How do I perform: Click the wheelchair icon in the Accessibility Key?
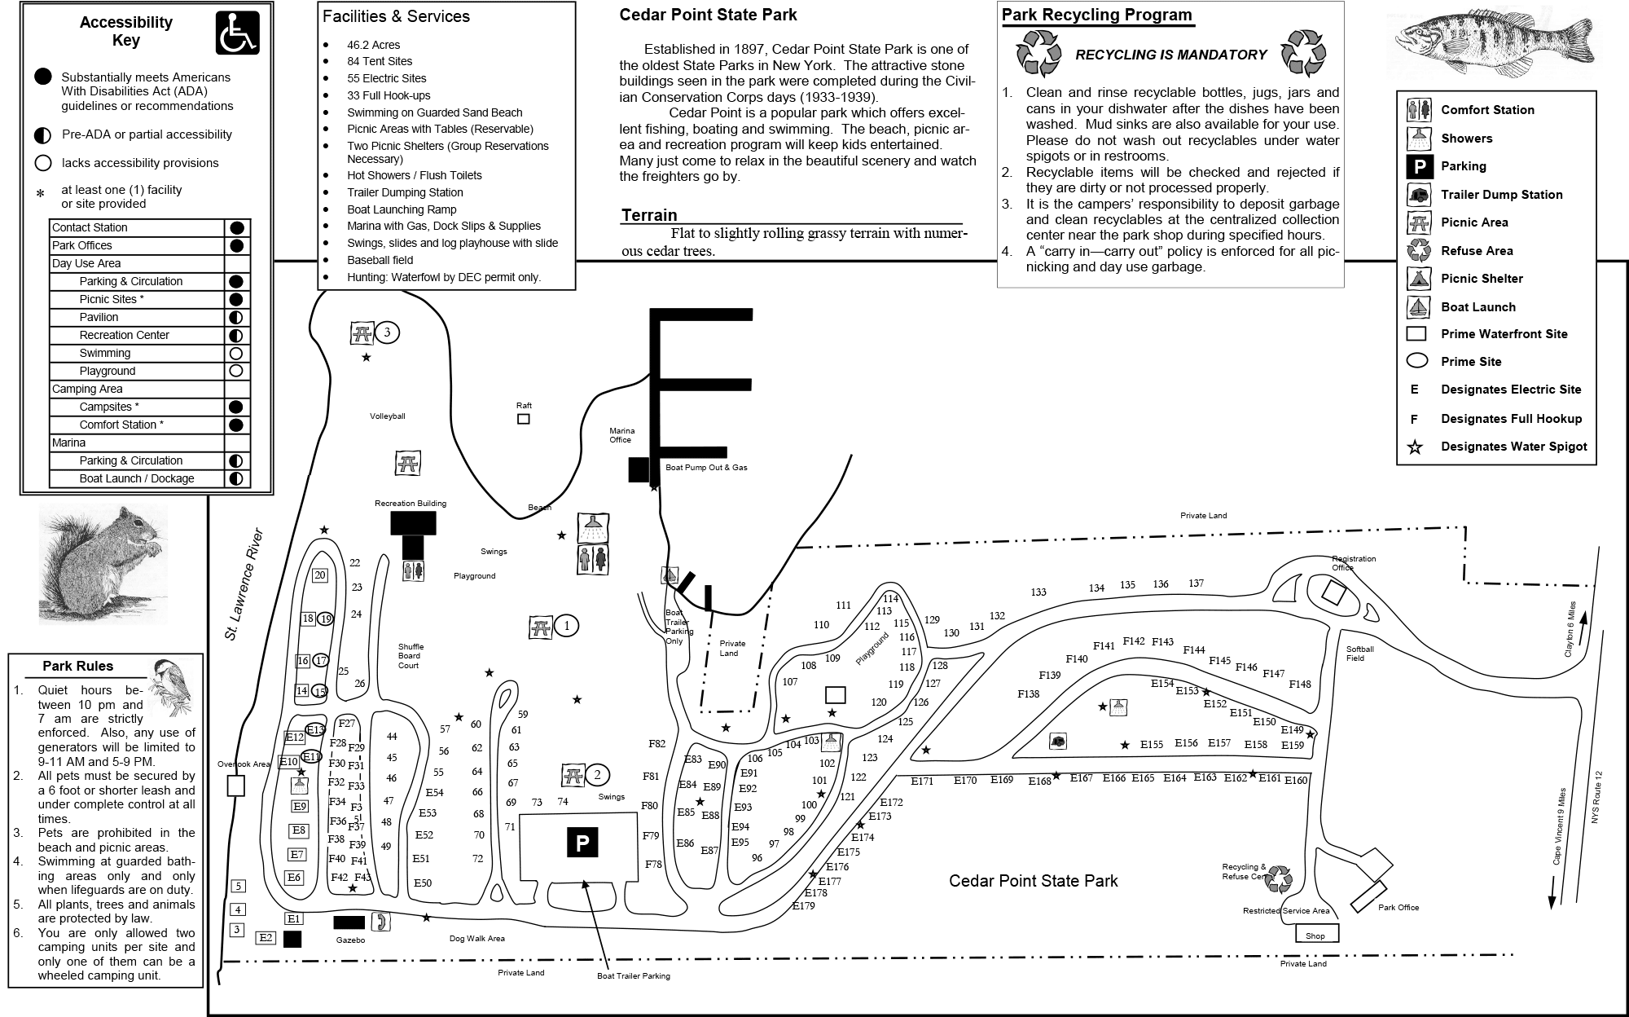pyautogui.click(x=237, y=33)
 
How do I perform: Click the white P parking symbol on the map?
pyautogui.click(x=582, y=843)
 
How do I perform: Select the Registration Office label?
pyautogui.click(x=1354, y=563)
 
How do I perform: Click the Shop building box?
pyautogui.click(x=1316, y=936)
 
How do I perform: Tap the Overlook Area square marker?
pyautogui.click(x=235, y=786)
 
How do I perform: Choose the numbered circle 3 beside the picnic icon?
pyautogui.click(x=387, y=332)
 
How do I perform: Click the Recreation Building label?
pyautogui.click(x=411, y=504)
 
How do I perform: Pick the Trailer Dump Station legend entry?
pyautogui.click(x=1501, y=195)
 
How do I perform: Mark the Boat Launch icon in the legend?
pyautogui.click(x=1419, y=307)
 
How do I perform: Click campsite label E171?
pyautogui.click(x=922, y=781)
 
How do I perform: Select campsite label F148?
pyautogui.click(x=1300, y=685)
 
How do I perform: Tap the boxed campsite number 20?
pyautogui.click(x=319, y=575)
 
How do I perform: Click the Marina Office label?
pyautogui.click(x=621, y=435)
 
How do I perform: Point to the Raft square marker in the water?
pyautogui.click(x=524, y=419)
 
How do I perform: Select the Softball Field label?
pyautogui.click(x=1359, y=654)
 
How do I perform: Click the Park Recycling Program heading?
pyautogui.click(x=1096, y=15)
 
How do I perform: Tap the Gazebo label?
pyautogui.click(x=350, y=940)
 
